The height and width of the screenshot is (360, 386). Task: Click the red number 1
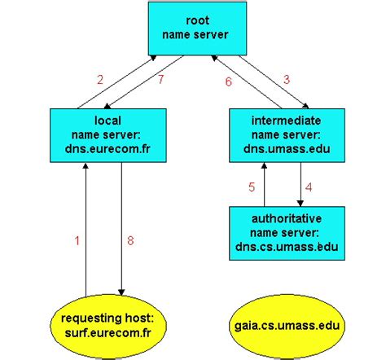click(x=78, y=240)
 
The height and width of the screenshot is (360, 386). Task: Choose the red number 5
click(x=252, y=187)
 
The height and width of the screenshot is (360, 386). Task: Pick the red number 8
click(x=130, y=240)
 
